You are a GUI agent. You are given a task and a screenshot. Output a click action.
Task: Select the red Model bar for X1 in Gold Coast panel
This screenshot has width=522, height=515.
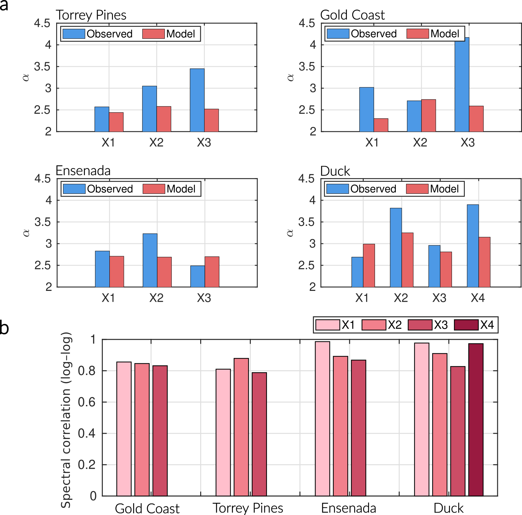pos(381,125)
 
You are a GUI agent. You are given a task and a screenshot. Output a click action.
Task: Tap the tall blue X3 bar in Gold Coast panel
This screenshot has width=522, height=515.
pos(462,85)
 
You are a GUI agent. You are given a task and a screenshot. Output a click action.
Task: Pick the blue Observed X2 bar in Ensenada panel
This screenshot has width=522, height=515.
pos(150,260)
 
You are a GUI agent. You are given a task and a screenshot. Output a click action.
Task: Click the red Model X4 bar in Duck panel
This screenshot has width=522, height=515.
pos(484,262)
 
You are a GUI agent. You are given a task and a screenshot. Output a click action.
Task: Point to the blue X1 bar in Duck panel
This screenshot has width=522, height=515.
pos(357,272)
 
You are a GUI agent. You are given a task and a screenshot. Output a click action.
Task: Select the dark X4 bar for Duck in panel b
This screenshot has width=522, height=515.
pos(476,419)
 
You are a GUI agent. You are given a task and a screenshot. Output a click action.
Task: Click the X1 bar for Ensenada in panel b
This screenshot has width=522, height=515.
pos(322,418)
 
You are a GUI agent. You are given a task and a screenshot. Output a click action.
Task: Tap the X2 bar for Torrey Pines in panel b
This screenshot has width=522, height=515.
pos(241,427)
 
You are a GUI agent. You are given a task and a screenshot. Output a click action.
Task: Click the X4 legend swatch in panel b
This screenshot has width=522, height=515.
pos(466,325)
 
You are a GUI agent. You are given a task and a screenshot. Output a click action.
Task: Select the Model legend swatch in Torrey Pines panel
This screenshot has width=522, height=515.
pos(154,34)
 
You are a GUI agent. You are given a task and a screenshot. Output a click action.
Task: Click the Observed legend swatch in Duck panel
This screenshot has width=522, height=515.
pos(337,189)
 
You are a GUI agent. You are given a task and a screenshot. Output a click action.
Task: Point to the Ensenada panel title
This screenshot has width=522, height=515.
pos(83,171)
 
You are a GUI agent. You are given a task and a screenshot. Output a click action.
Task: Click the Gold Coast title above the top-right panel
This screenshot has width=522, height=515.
pos(352,15)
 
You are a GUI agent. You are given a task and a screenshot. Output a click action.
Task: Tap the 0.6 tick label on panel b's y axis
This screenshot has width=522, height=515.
pos(87,402)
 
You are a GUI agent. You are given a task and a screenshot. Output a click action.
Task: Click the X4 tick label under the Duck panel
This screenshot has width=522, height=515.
pos(478,298)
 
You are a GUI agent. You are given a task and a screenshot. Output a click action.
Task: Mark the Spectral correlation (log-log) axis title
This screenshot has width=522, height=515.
pos(66,420)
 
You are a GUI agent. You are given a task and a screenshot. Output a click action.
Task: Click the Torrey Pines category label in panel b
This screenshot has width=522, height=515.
pos(248,508)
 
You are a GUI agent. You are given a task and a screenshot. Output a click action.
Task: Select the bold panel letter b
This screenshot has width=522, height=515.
pos(4,328)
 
